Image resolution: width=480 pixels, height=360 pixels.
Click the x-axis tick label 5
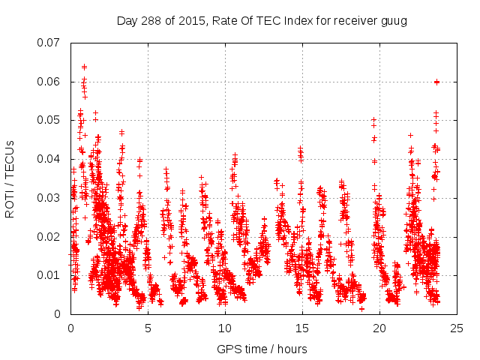[x=148, y=328]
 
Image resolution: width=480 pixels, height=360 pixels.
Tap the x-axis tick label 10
[x=225, y=328]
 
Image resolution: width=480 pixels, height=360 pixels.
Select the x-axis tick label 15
[x=302, y=328]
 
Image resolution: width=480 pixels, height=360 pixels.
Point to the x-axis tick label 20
[x=379, y=328]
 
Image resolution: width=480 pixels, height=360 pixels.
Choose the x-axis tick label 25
[x=457, y=328]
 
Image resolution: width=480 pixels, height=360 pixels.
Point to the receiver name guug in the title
[x=394, y=20]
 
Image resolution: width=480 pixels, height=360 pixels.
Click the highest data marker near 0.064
[x=84, y=67]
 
